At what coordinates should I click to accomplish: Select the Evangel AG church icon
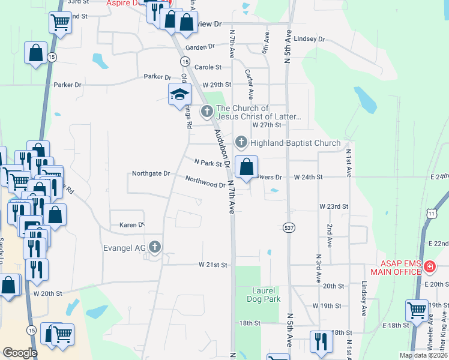(x=155, y=246)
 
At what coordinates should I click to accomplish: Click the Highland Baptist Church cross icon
(x=241, y=143)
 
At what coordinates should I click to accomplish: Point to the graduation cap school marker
(x=179, y=95)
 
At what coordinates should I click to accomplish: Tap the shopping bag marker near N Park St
(x=246, y=167)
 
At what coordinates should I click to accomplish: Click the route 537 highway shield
(x=288, y=227)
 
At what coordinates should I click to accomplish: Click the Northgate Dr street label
(x=151, y=173)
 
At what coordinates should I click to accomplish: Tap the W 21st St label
(x=213, y=265)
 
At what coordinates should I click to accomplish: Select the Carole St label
(x=208, y=68)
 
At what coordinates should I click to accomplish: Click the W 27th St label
(x=267, y=125)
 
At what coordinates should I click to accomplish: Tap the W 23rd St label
(x=333, y=206)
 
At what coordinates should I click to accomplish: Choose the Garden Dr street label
(x=200, y=47)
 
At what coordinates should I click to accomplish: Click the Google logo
(x=20, y=353)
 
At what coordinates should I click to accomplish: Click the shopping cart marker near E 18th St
(x=417, y=310)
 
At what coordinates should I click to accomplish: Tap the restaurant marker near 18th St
(x=321, y=341)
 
